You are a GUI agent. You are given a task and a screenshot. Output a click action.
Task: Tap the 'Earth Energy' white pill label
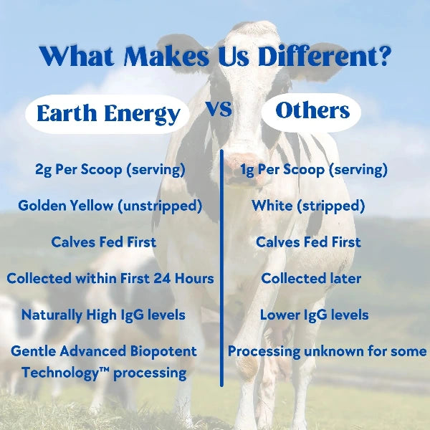108,114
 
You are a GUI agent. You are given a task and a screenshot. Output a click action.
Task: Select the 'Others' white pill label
312,111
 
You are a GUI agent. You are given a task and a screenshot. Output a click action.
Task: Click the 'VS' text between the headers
219,110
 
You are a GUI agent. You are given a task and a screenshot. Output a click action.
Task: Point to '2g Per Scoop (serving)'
110,170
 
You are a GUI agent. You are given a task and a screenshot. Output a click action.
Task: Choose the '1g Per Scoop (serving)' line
315,170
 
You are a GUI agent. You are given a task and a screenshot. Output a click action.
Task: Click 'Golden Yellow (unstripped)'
110,206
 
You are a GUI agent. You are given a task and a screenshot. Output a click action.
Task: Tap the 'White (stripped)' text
308,206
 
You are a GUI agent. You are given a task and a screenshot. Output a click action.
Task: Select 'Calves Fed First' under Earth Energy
104,242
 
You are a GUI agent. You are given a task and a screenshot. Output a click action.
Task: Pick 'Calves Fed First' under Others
308,242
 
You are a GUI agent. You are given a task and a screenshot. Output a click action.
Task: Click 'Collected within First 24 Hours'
110,278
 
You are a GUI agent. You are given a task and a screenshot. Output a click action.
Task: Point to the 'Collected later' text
310,278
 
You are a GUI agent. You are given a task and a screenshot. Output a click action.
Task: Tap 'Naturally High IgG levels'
103,315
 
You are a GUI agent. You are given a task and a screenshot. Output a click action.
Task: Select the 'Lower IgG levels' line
314,315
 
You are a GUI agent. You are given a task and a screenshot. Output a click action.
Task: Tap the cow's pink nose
242,159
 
